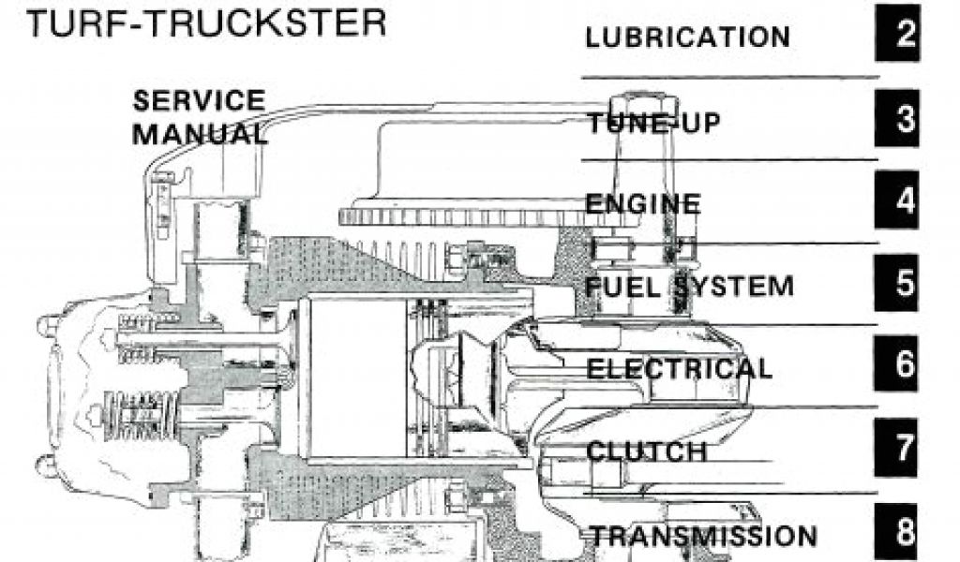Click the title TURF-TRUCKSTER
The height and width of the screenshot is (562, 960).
click(205, 22)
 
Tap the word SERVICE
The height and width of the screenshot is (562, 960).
click(199, 100)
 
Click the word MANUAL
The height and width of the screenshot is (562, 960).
click(199, 133)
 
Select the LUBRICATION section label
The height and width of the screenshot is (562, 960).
click(687, 38)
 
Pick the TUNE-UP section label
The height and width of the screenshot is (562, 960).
click(654, 122)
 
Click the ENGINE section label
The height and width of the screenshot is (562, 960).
click(642, 203)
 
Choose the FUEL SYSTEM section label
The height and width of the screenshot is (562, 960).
click(689, 285)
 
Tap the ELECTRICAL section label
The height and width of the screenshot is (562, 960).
click(680, 367)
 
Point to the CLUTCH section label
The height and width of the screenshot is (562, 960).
click(646, 451)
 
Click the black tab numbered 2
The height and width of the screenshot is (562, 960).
click(904, 35)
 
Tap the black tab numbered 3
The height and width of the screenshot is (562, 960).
click(904, 119)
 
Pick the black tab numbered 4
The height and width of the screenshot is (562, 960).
click(904, 201)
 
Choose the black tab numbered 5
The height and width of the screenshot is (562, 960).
click(904, 284)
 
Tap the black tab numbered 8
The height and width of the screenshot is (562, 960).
click(904, 532)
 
